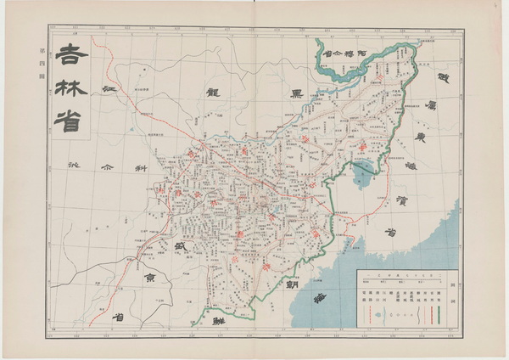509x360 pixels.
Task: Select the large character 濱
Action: coord(406,200)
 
